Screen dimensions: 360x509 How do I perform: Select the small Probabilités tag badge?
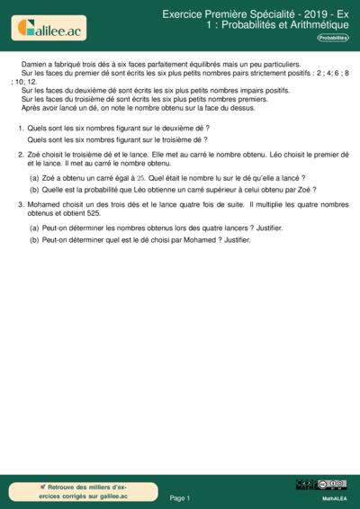click(x=333, y=38)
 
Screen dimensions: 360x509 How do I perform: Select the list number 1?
click(x=21, y=129)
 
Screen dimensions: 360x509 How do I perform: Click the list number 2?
click(x=21, y=155)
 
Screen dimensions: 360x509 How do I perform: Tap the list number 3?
click(x=21, y=205)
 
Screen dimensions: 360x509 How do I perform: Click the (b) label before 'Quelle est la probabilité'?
click(x=34, y=189)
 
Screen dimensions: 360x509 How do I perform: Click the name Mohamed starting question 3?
click(x=45, y=205)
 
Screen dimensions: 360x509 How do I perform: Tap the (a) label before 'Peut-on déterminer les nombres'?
click(x=34, y=228)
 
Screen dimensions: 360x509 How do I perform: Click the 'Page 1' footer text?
click(x=179, y=497)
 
